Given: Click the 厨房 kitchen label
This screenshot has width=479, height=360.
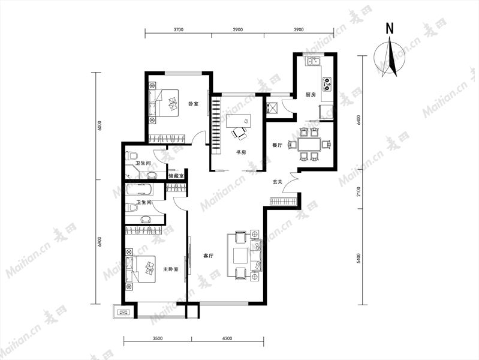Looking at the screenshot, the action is pos(311,95).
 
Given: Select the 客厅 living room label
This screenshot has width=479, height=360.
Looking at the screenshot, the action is pos(209,256).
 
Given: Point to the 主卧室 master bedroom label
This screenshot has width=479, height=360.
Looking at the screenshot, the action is pos(170,269).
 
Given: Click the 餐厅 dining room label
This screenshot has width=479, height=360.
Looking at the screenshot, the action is pos(278,145).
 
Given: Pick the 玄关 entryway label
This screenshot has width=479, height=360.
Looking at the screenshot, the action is pos(278,182).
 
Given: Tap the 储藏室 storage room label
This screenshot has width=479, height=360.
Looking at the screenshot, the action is pos(176,176).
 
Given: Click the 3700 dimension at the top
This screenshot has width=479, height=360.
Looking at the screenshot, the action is pos(179,29).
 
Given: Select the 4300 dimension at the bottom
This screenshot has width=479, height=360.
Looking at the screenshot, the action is pos(227,338).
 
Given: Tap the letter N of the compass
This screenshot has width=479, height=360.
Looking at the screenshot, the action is pos(390,28).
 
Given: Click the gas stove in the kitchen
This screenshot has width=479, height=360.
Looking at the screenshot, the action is pos(327,84).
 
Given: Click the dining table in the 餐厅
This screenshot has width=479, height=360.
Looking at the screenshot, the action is pos(309,144).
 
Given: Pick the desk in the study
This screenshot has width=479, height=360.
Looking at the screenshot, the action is pos(238,121).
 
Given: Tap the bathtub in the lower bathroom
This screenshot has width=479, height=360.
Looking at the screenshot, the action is pos(140,190).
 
